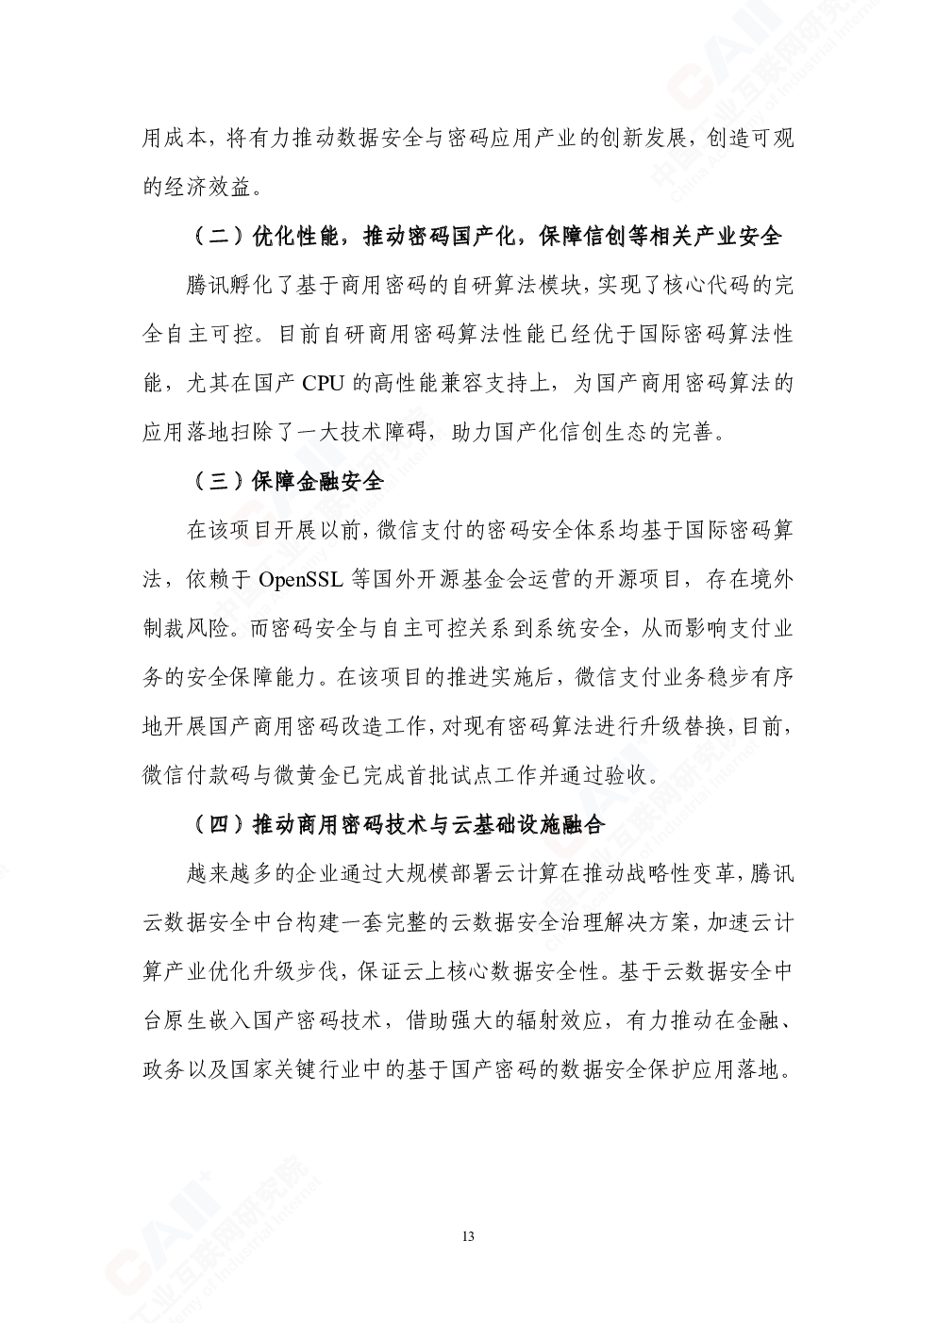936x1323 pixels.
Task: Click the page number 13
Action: [x=469, y=1236]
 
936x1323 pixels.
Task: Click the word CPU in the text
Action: [x=323, y=384]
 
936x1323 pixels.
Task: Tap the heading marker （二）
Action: [x=218, y=237]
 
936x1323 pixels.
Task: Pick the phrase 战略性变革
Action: [x=683, y=873]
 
